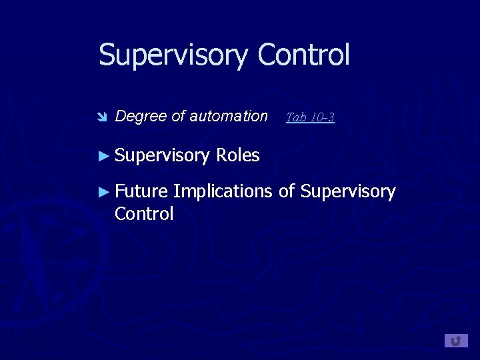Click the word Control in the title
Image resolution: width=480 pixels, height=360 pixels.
coord(303,55)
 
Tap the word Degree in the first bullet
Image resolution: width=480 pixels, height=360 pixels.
coord(141,116)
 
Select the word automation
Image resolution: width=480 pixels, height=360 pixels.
coord(229,116)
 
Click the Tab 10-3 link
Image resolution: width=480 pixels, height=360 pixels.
coord(310,117)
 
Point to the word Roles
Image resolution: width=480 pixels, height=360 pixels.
coord(237,155)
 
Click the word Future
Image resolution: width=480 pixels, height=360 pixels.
coord(141,191)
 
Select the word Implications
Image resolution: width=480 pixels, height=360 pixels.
coord(223,192)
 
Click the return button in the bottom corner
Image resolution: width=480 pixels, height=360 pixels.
coord(456,341)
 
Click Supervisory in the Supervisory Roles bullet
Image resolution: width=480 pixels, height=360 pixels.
coord(162,156)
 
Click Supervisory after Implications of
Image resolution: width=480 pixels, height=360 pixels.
coord(348,192)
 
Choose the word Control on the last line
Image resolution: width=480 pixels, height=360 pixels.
coord(144,214)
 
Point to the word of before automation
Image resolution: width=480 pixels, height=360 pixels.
coord(178,116)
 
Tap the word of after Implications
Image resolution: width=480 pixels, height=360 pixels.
coord(287,191)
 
